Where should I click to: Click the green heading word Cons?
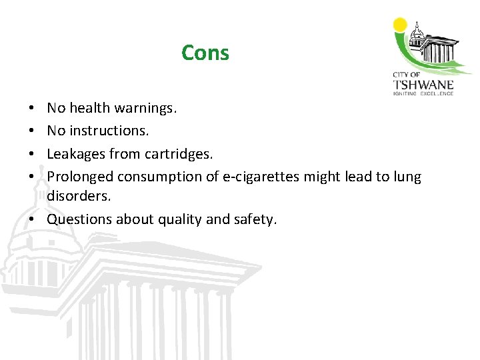205,53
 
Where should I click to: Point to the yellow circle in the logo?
400,25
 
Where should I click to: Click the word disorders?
78,197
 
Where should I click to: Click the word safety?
255,219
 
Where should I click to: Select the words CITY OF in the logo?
405,75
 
